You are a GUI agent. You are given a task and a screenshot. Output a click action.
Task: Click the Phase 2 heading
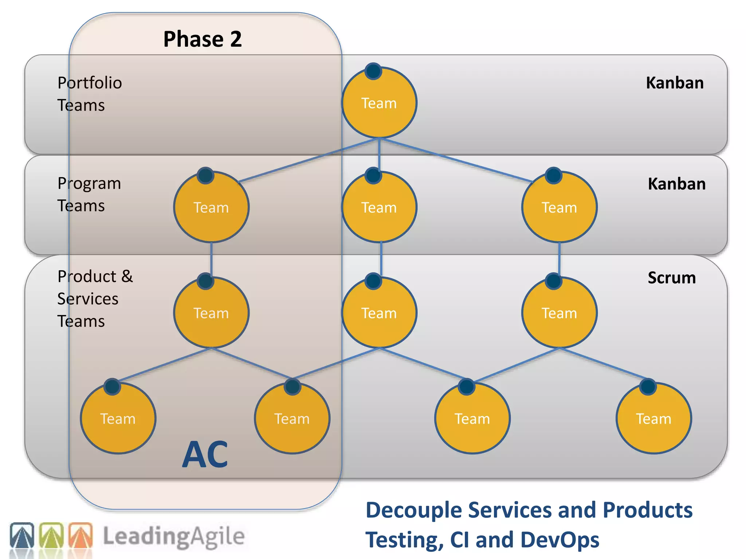click(x=203, y=39)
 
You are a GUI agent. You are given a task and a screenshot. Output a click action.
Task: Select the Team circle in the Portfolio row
click(x=379, y=103)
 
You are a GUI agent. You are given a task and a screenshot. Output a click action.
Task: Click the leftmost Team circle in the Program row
click(x=211, y=207)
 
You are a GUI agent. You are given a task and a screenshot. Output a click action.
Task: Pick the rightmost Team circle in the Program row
click(x=559, y=207)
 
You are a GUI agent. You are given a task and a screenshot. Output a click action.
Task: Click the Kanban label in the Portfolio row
click(x=675, y=83)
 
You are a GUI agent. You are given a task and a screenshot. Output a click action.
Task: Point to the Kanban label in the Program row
click(x=676, y=184)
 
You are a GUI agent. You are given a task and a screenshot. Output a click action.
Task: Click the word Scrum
click(x=672, y=278)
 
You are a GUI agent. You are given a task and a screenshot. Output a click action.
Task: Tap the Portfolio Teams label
click(x=89, y=94)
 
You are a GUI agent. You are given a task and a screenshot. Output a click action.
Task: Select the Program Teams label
click(x=89, y=194)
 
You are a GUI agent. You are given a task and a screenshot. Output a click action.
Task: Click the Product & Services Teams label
click(x=95, y=299)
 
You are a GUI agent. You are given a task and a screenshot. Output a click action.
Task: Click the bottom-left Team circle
click(x=118, y=419)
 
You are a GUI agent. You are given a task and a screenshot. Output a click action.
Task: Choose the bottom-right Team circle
click(x=653, y=419)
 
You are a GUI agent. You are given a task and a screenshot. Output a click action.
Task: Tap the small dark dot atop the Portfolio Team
click(x=373, y=71)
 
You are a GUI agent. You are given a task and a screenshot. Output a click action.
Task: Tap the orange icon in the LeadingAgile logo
click(x=81, y=535)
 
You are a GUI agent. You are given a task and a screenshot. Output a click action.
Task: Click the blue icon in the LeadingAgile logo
click(x=22, y=535)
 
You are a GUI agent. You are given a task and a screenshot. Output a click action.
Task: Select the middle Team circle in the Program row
click(x=379, y=207)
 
